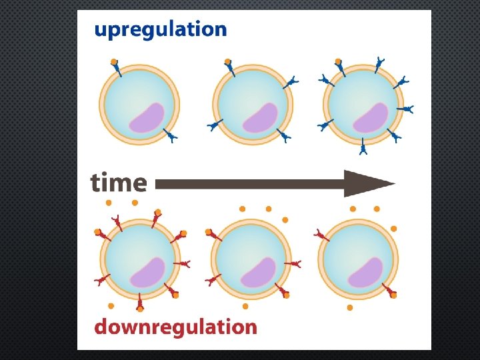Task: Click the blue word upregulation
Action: coord(160,30)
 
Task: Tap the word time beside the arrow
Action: coord(119,182)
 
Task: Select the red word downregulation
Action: coord(175,327)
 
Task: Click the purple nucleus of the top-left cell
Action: coord(147,117)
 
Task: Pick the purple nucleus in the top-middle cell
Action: coord(260,117)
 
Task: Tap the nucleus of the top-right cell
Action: coord(371,117)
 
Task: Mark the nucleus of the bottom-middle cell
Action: coord(259,272)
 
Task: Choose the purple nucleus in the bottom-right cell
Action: coord(366,272)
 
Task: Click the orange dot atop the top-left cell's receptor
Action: coord(114,61)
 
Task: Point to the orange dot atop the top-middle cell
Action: coord(228,61)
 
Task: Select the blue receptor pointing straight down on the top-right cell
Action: coord(363,147)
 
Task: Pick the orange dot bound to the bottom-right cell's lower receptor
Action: coord(394,295)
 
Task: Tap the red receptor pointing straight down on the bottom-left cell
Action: coord(139,301)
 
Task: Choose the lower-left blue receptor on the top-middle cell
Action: coord(215,125)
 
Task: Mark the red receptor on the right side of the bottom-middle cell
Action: coord(295,265)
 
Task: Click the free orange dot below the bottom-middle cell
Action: coord(246,307)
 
